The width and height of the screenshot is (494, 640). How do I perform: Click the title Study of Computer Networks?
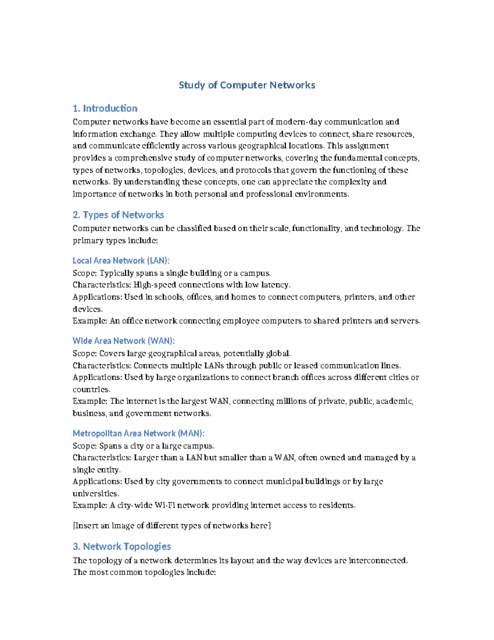[x=247, y=85]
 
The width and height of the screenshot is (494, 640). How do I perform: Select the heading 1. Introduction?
[x=105, y=108]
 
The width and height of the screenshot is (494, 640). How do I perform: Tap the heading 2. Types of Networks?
[x=118, y=215]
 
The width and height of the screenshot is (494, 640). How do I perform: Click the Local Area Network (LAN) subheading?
[x=121, y=260]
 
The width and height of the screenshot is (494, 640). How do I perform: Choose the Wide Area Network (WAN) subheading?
[x=123, y=341]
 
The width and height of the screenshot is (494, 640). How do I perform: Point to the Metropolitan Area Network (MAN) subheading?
[x=138, y=433]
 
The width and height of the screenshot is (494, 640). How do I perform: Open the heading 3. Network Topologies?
[x=122, y=546]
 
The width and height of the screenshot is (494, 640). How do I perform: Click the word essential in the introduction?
[x=230, y=122]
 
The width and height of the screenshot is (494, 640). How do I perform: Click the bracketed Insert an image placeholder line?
[x=172, y=525]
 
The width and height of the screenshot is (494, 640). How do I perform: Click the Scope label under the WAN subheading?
[x=84, y=354]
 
